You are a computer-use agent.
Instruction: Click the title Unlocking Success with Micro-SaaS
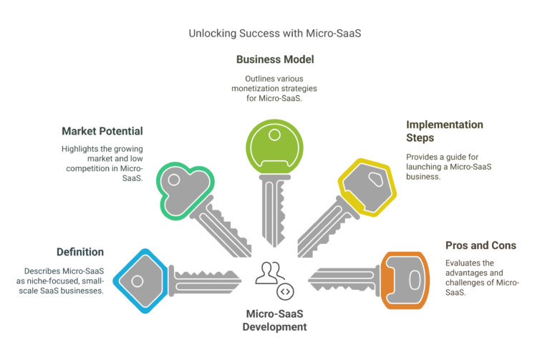pyautogui.click(x=275, y=33)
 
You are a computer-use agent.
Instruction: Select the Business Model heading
pyautogui.click(x=275, y=59)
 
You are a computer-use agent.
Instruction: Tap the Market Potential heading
pyautogui.click(x=102, y=131)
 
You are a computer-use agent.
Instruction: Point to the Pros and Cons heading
pyautogui.click(x=481, y=245)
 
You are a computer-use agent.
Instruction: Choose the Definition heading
pyautogui.click(x=80, y=252)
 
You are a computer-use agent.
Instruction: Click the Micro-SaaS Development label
pyautogui.click(x=275, y=320)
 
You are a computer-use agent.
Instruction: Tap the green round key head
pyautogui.click(x=274, y=147)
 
